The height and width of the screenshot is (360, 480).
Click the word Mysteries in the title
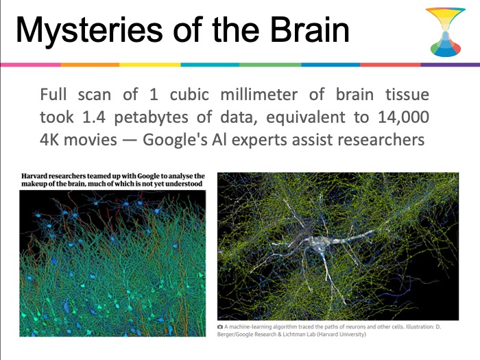pyautogui.click(x=89, y=31)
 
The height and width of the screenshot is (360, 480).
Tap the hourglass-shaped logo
pyautogui.click(x=446, y=32)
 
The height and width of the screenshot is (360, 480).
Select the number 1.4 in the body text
pyautogui.click(x=94, y=117)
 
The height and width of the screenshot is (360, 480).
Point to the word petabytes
pyautogui.click(x=151, y=118)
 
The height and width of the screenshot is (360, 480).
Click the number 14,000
pyautogui.click(x=403, y=117)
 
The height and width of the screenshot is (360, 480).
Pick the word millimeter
pyautogui.click(x=259, y=95)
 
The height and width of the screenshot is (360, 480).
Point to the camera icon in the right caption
pyautogui.click(x=220, y=326)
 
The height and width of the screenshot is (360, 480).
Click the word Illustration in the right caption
pyautogui.click(x=420, y=326)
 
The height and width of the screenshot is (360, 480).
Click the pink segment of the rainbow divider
pyautogui.click(x=31, y=65)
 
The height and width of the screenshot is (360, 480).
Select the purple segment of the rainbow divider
pyautogui.click(x=451, y=65)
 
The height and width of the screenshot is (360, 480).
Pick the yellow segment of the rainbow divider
pyautogui.click(x=150, y=65)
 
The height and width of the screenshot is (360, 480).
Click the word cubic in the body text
pyautogui.click(x=189, y=95)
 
